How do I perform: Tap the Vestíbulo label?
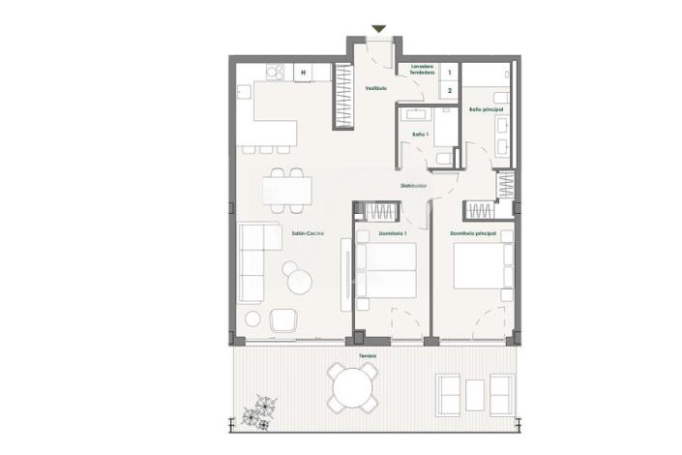(375, 88)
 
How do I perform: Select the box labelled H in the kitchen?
(303, 72)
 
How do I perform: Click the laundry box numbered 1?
(449, 72)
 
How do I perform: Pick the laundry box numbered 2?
(449, 90)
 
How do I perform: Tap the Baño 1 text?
(419, 134)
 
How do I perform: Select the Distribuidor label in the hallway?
(414, 186)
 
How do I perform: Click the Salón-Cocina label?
(308, 233)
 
